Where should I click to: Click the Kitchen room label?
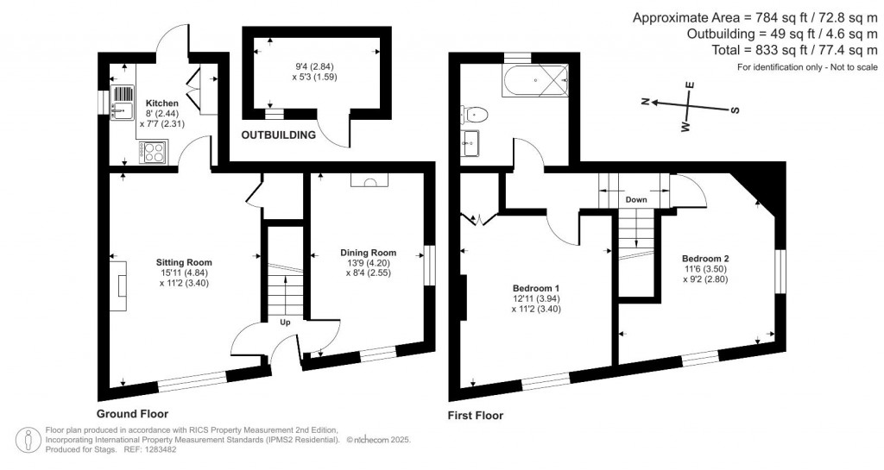[x=161, y=103]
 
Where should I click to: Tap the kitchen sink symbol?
[x=122, y=109]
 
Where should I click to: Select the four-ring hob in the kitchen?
[x=155, y=153]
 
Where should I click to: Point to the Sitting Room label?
[x=184, y=262]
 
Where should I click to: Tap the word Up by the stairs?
[x=284, y=323]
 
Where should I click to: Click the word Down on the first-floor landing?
[x=637, y=199]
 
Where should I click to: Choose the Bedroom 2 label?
[x=705, y=258]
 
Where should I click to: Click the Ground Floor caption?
[x=133, y=414]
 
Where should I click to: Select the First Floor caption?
[x=475, y=416]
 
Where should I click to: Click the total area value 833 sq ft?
[x=777, y=51]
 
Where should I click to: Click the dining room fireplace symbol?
[x=369, y=181]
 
